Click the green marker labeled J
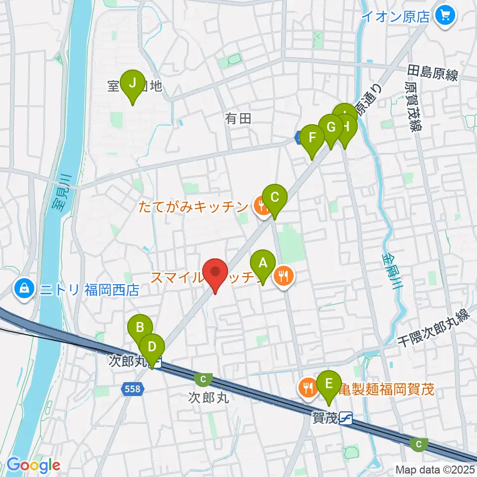coord(133,83)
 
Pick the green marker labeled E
coord(328,384)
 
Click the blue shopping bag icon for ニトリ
coord(23,289)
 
